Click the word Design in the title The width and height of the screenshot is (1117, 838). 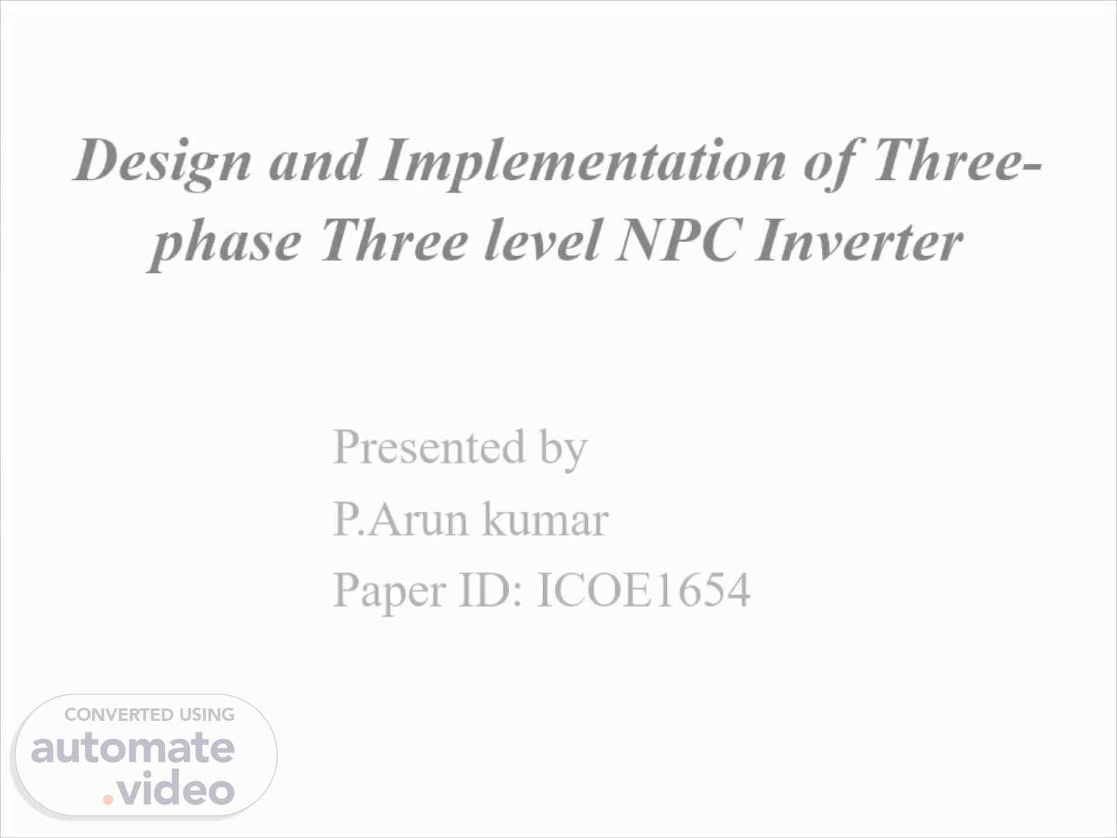click(x=162, y=163)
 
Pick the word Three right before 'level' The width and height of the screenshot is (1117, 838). click(x=395, y=239)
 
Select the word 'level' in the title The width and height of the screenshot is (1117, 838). click(x=543, y=239)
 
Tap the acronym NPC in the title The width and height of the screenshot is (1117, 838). click(x=678, y=240)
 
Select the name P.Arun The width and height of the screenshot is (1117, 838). click(x=400, y=518)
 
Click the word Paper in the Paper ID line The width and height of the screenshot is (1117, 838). click(x=389, y=591)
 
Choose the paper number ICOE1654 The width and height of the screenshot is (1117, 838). click(x=644, y=590)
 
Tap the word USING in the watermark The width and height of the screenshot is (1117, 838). click(x=207, y=715)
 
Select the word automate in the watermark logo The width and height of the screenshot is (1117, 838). click(x=133, y=750)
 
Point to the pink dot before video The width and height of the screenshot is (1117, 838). click(x=108, y=799)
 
